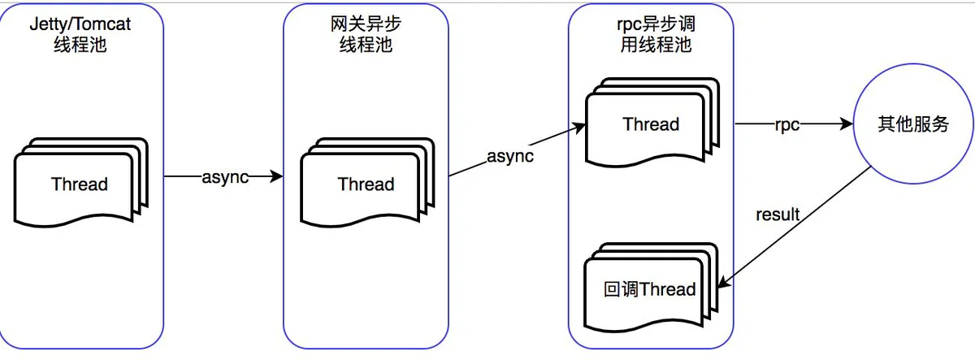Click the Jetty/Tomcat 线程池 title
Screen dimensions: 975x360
pyautogui.click(x=80, y=34)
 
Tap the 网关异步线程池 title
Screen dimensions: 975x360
pyautogui.click(x=366, y=34)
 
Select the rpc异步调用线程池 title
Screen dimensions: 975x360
pyautogui.click(x=656, y=34)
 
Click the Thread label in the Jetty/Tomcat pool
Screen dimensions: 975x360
pyautogui.click(x=80, y=184)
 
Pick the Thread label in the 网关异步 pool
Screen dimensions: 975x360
pyautogui.click(x=366, y=184)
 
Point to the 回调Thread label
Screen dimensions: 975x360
pyautogui.click(x=649, y=289)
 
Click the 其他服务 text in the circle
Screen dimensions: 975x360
pyautogui.click(x=913, y=124)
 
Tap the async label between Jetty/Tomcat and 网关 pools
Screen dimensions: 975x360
pyautogui.click(x=225, y=177)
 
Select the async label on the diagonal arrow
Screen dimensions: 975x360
pyautogui.click(x=510, y=156)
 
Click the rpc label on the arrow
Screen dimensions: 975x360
pyautogui.click(x=787, y=125)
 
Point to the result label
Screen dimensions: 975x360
pyautogui.click(x=778, y=215)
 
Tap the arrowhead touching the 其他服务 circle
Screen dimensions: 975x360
pyautogui.click(x=846, y=124)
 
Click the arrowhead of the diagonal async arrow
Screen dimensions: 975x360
pyautogui.click(x=578, y=128)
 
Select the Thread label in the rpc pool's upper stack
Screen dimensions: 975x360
pyautogui.click(x=651, y=124)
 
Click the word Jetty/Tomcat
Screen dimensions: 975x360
pyautogui.click(x=80, y=24)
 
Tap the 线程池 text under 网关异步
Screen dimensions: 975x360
pyautogui.click(x=366, y=45)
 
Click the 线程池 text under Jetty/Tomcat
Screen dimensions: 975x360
pyautogui.click(x=80, y=45)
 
